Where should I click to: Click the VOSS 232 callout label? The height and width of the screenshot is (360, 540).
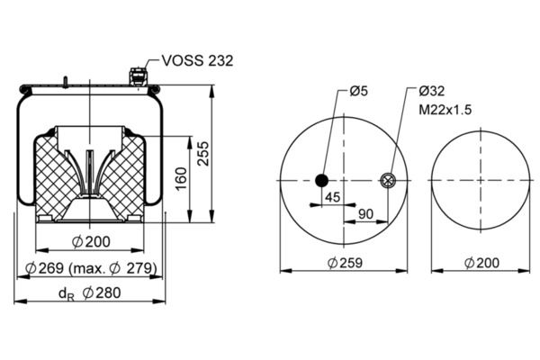197,60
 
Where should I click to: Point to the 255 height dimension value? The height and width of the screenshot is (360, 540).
203,153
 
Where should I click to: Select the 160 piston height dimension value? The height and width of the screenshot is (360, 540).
181,178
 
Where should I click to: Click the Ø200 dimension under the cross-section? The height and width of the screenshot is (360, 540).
91,242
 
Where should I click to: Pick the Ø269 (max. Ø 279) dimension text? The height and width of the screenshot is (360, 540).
91,267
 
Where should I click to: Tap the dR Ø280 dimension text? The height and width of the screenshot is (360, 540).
89,293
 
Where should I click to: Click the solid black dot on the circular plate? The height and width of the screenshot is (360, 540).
321,180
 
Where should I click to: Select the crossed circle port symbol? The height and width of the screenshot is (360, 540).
388,180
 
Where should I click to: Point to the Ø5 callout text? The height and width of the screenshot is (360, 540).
358,91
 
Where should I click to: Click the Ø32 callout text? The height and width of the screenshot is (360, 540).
432,91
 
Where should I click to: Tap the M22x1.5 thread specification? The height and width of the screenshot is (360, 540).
445,110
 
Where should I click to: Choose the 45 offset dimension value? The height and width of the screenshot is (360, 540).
333,197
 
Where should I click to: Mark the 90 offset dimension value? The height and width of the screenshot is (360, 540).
365,214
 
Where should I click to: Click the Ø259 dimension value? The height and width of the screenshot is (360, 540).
345,263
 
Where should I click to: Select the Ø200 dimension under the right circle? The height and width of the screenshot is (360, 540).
481,263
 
